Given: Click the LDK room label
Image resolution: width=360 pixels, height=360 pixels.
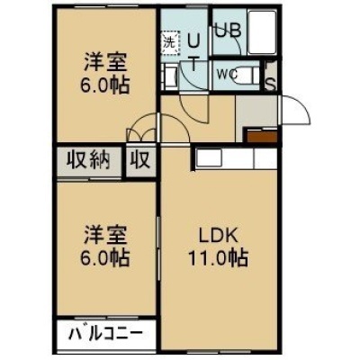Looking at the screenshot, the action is [219, 236].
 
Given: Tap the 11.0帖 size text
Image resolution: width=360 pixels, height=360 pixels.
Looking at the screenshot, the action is [218, 258].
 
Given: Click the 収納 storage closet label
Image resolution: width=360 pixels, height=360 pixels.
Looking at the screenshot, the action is [88, 160].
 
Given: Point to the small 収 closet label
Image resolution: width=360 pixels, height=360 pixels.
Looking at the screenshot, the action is [140, 160].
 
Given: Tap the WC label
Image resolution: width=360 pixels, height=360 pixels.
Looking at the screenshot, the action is [228, 74].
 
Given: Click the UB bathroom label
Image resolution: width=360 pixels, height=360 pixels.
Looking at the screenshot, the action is [229, 31].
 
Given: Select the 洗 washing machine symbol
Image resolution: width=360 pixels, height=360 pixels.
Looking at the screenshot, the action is [170, 43].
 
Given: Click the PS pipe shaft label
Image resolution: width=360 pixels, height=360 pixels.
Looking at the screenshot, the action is [271, 76].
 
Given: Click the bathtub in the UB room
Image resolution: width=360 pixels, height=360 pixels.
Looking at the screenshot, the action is [262, 32].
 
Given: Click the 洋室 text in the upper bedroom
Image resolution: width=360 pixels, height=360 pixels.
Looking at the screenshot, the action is [105, 62].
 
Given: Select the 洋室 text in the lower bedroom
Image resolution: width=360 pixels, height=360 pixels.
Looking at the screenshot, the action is [105, 235].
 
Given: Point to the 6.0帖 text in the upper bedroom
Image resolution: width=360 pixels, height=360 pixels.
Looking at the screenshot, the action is [104, 85].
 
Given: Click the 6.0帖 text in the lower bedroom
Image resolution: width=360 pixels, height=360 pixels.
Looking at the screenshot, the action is [104, 258].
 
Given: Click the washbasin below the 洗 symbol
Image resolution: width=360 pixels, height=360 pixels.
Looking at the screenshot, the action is [168, 77].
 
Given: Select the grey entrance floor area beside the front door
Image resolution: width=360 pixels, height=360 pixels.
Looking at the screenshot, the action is [256, 111].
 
